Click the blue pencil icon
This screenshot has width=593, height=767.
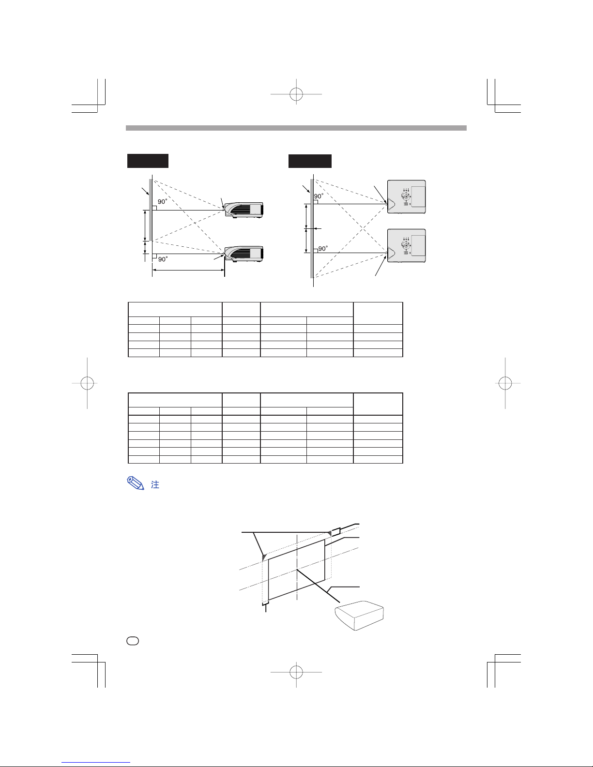coord(136,483)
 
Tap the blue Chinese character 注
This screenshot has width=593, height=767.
coord(155,484)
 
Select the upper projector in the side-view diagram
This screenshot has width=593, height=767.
coord(244,210)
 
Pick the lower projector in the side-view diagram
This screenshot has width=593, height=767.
coord(244,254)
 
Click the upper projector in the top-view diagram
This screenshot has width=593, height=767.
coord(406,196)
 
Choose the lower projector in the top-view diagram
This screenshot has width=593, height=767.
coord(406,246)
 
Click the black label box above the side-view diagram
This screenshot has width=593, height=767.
coord(148,161)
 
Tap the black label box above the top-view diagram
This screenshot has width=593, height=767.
coord(310,161)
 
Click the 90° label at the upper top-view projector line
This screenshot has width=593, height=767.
coord(319,196)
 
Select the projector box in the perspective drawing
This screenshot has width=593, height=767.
coord(359,615)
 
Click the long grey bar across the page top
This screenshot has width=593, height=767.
coord(296,128)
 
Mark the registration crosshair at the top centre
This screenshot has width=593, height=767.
coord(296,94)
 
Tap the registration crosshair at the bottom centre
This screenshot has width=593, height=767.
coord(296,672)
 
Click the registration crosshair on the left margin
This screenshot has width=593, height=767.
coord(87,383)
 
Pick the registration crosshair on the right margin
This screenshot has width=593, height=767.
coord(505,383)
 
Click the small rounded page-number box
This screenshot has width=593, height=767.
coord(133,641)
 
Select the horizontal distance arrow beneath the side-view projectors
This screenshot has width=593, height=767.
coord(188,271)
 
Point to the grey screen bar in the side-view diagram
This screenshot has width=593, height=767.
coord(151,210)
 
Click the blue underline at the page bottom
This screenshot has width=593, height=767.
coord(96,763)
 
